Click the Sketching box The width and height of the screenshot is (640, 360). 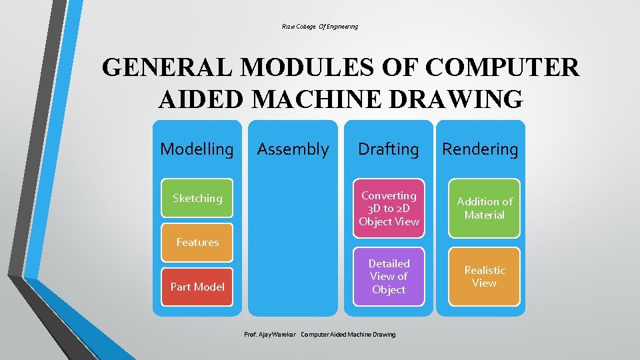197,198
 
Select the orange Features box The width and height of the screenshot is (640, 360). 197,243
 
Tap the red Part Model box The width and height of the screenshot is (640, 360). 197,287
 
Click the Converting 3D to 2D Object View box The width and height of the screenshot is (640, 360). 389,208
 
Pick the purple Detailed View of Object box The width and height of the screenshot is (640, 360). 389,277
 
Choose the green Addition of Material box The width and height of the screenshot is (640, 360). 485,208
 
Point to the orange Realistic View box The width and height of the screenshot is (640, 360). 485,277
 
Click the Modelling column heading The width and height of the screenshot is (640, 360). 197,149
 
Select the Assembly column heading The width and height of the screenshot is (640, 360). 293,149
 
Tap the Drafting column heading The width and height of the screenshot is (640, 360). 389,149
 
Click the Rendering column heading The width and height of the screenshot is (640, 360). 480,149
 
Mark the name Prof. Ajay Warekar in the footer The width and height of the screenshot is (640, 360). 270,334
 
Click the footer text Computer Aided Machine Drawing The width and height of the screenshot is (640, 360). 348,334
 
